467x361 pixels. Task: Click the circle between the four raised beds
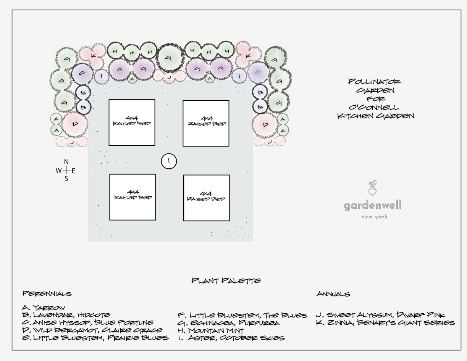coord(168,161)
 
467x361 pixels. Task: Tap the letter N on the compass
coord(66,162)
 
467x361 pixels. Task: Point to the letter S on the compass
coord(66,178)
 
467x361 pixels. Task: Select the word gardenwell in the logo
coord(372,206)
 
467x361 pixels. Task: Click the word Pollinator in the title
coord(374,82)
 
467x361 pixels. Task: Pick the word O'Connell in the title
coord(374,108)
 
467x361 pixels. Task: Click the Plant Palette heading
coord(226,281)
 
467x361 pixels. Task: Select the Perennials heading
coord(47,293)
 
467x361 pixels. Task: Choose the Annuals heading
coord(333,294)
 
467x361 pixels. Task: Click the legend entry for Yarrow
coord(44,308)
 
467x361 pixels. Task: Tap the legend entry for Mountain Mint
coord(211,330)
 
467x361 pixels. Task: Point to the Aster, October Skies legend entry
coord(231,338)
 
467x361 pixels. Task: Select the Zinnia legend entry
coord(385,323)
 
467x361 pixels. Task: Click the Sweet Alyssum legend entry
coord(380,315)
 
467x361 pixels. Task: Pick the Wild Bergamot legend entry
coord(92,330)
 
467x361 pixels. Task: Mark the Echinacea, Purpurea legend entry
coord(228,323)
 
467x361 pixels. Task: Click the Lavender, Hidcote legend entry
coord(66,315)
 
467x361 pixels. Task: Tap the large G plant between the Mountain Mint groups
coord(168,58)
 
